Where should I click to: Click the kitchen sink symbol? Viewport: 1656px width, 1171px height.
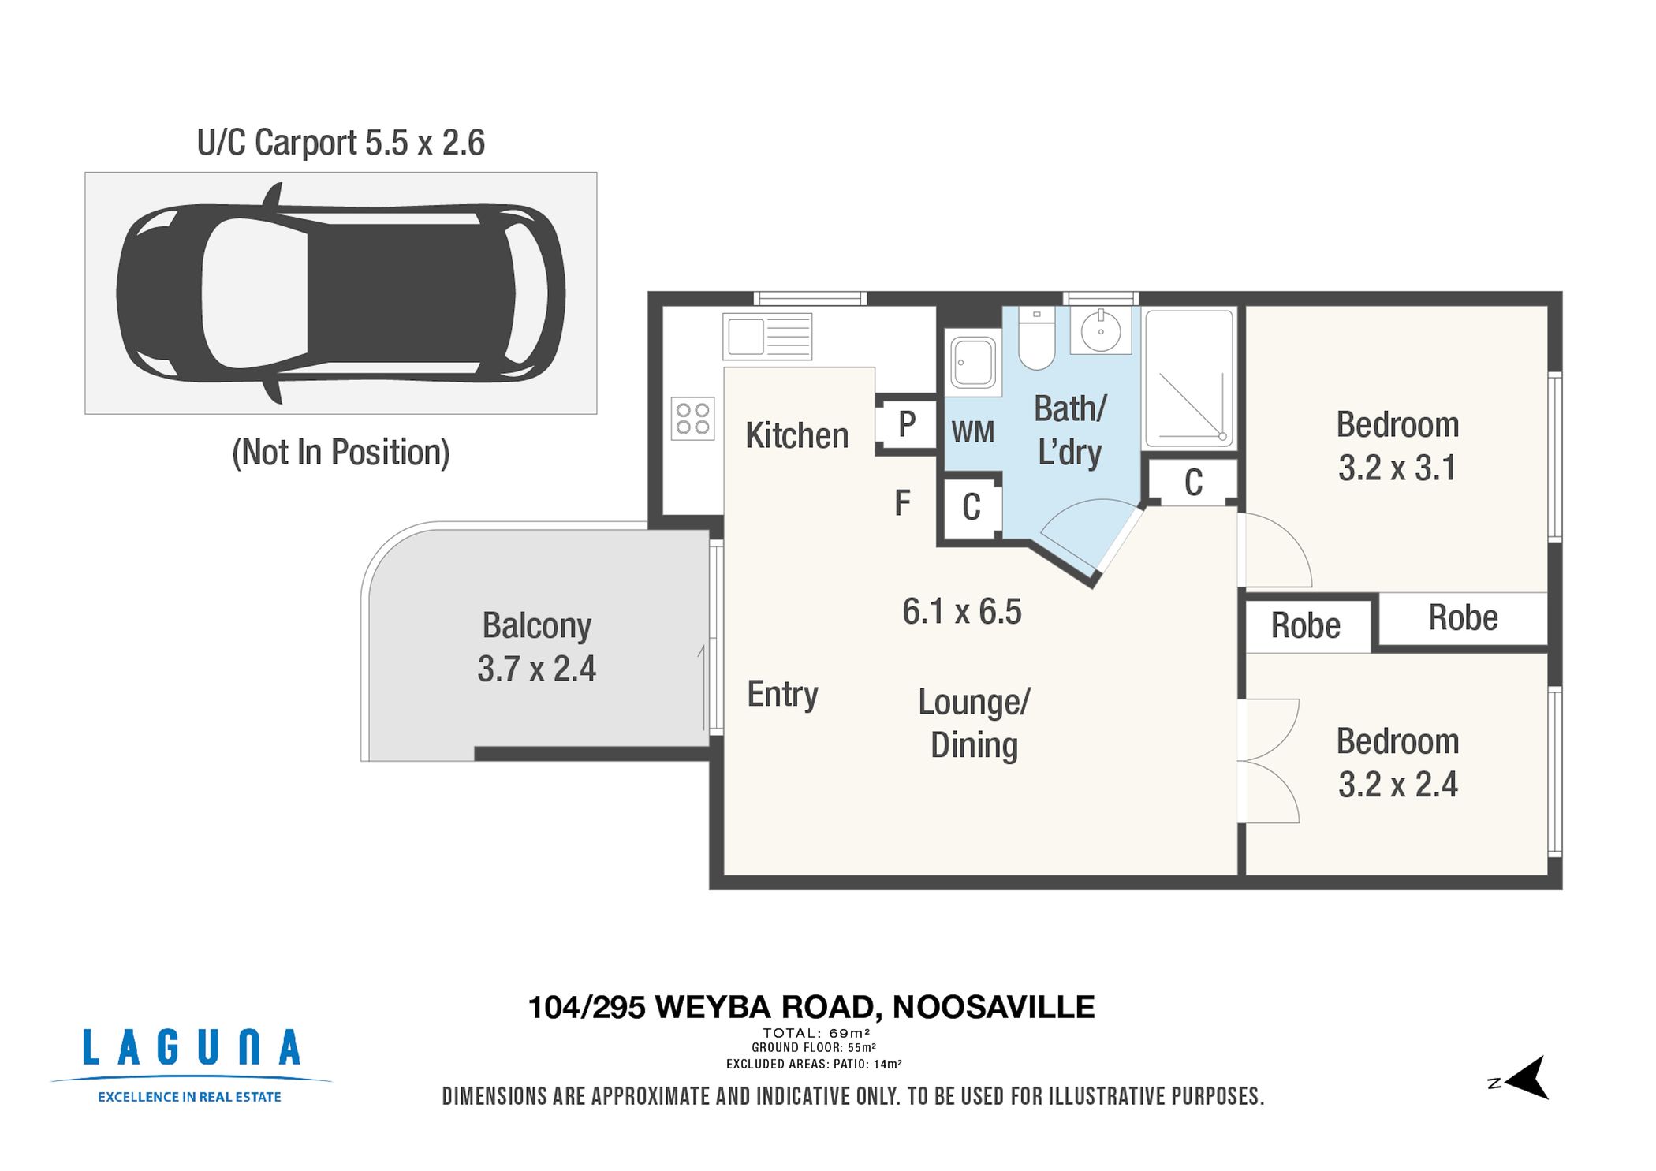[766, 337]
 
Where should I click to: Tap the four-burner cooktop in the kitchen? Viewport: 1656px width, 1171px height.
[692, 419]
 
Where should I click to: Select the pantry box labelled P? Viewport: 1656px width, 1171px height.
[906, 424]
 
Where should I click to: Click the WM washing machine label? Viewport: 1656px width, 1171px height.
[972, 432]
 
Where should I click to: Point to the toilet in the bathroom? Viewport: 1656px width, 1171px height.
[1036, 339]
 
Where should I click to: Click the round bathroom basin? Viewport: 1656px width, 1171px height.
[1101, 330]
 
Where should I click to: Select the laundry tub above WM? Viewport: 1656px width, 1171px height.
[973, 362]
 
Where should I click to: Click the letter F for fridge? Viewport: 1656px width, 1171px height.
[902, 502]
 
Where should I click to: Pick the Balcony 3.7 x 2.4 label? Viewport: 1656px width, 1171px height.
[536, 647]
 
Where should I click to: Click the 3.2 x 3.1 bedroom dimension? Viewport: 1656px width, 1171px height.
[1397, 468]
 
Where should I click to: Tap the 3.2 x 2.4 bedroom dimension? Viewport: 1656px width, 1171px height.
[1397, 785]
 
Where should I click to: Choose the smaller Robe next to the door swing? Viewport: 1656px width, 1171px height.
[1305, 626]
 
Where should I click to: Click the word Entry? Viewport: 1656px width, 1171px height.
[782, 694]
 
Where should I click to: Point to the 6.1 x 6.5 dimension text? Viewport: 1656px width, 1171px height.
[961, 612]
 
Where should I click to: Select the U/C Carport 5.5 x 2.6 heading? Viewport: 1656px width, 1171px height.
[341, 144]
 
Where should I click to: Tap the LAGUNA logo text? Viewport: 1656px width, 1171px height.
[192, 1048]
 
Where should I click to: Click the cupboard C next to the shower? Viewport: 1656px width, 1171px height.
[1193, 483]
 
